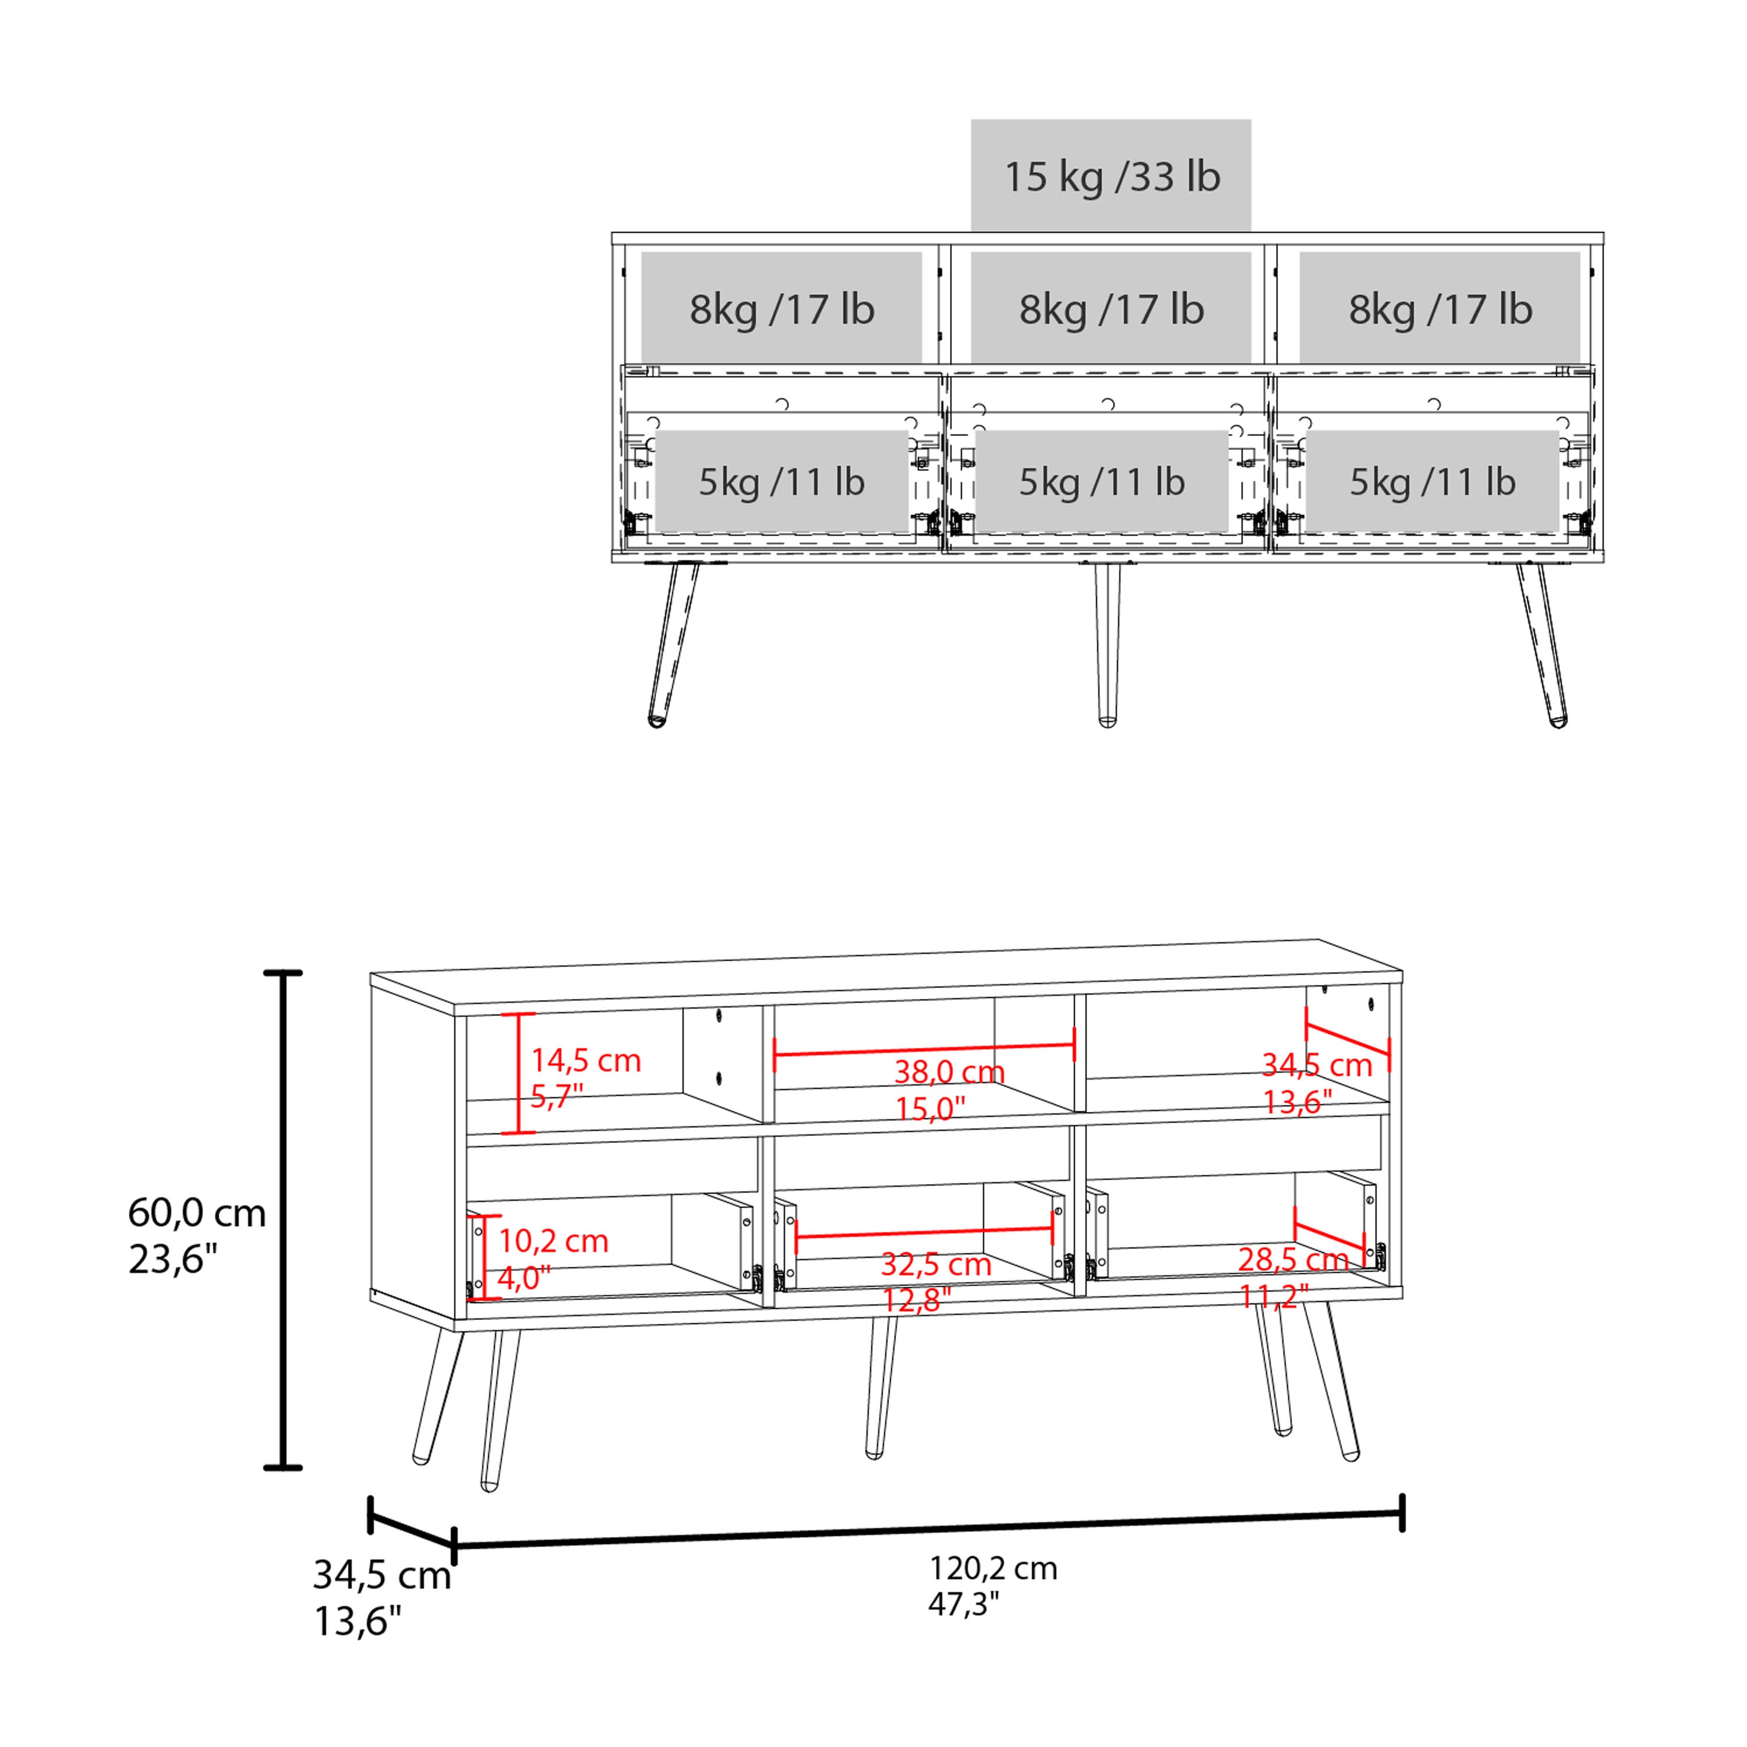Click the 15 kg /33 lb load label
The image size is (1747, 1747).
(1111, 177)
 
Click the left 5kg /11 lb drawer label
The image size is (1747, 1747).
(781, 482)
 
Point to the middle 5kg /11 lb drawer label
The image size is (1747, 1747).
(1101, 482)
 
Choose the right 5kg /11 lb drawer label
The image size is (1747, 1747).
(1433, 482)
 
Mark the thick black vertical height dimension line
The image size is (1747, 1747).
(283, 1221)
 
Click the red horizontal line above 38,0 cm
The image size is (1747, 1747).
(923, 1050)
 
